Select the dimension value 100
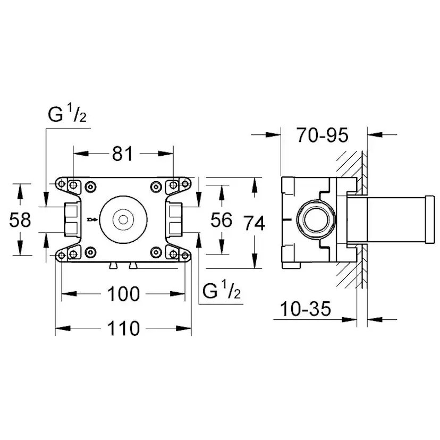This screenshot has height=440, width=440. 124,293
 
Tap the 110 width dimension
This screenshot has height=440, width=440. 124,328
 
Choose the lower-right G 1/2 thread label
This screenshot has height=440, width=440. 223,291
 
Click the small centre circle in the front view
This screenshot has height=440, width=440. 123,219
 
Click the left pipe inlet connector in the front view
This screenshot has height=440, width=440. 70,219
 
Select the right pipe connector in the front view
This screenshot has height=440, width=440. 175,219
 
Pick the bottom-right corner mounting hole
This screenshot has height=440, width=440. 184,252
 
